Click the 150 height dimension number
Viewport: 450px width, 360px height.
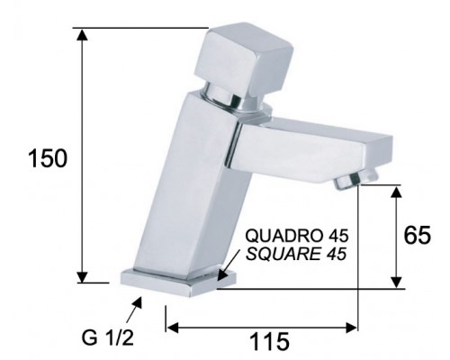point(48,158)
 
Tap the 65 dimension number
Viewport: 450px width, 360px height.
point(417,235)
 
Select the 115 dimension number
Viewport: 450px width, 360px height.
point(269,341)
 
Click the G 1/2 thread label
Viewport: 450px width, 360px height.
point(108,338)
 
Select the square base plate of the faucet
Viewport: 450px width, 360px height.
point(178,283)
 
